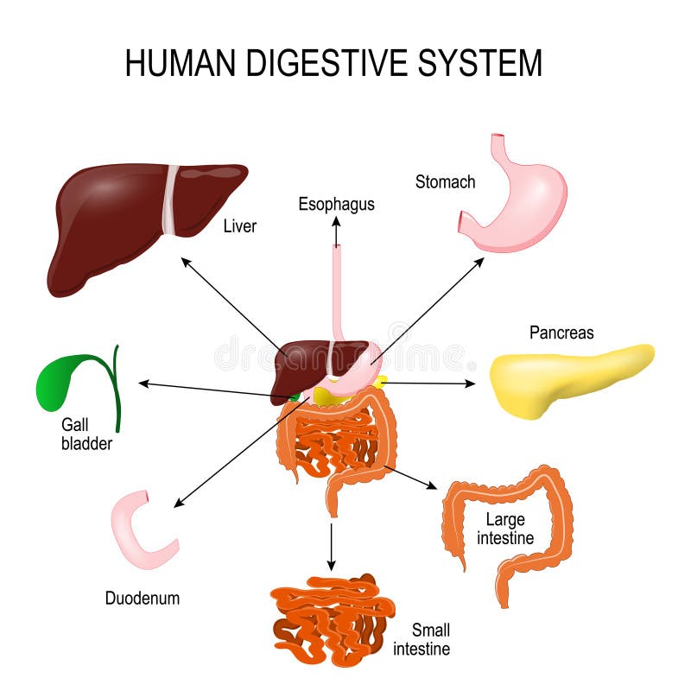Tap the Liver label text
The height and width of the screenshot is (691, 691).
click(x=240, y=226)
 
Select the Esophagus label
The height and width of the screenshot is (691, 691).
click(x=336, y=205)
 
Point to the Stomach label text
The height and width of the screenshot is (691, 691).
click(x=445, y=181)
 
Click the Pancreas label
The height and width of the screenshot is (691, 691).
click(x=561, y=333)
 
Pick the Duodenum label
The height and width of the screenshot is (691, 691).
click(x=143, y=598)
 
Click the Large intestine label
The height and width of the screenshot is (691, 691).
click(x=509, y=529)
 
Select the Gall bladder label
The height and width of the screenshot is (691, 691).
click(x=86, y=436)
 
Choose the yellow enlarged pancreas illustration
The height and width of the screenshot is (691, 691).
click(x=561, y=380)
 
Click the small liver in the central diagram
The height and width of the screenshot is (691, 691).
click(x=302, y=363)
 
